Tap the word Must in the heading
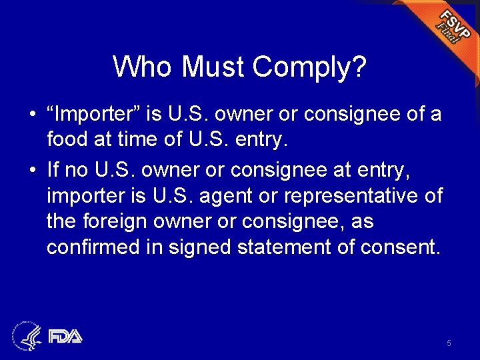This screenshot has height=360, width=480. point(213,67)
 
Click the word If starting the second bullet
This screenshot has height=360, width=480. point(54,170)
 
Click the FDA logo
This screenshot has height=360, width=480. point(64,335)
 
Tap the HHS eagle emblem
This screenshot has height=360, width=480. point(27,335)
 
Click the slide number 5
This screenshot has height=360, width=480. point(449,343)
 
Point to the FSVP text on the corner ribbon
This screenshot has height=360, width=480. point(453,25)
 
